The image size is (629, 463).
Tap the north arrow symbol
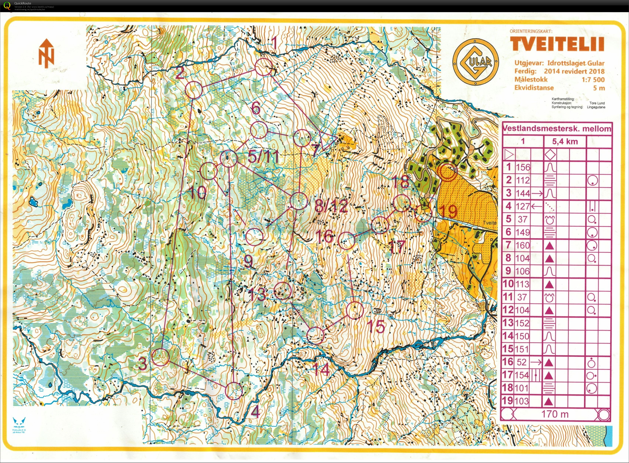point(46,53)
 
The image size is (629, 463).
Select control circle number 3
point(161,357)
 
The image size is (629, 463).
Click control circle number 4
point(234,391)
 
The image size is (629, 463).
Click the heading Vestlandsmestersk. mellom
point(557,129)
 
